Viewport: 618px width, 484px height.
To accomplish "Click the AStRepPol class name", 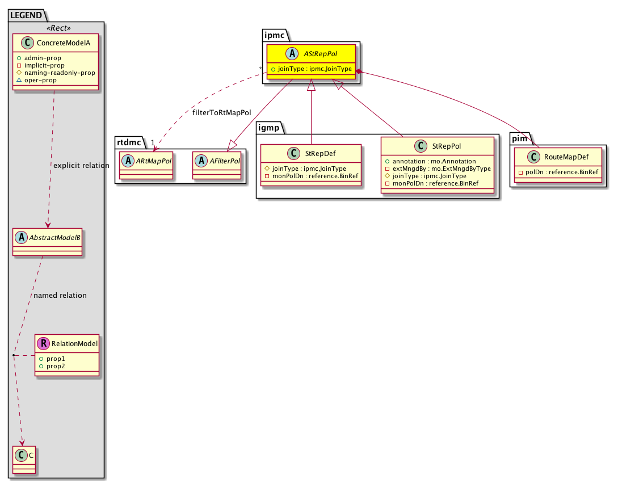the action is pos(320,53).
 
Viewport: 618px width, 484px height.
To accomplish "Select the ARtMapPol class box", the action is pos(146,166).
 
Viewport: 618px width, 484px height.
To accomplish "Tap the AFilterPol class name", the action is pos(225,161).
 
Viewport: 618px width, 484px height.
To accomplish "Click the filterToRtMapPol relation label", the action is pos(221,113).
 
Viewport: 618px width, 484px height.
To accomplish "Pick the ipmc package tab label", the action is pos(274,35).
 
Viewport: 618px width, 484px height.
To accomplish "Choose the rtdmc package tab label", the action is pos(129,142).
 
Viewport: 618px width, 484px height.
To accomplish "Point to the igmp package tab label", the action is pos(269,128).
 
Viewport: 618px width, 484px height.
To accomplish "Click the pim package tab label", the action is pos(519,138).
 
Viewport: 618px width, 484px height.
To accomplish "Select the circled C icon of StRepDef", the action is pos(293,153).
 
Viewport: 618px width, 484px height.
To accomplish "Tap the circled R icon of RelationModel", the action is pos(43,343).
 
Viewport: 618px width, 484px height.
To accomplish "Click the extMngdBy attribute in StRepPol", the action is pos(438,169).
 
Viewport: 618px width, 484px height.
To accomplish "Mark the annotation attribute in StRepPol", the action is pos(430,161).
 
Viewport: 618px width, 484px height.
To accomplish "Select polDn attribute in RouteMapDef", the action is pos(558,172).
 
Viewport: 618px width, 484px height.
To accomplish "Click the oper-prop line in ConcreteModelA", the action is pos(37,80).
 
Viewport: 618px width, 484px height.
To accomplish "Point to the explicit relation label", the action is pos(81,166).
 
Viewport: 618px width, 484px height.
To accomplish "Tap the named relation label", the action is pos(60,295).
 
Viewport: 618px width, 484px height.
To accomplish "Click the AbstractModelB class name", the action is pos(55,237).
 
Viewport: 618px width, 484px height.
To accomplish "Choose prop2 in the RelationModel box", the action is pos(52,366).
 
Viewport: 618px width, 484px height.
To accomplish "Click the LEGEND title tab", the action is pos(26,15).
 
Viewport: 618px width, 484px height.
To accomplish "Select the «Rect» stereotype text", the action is pos(58,28).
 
